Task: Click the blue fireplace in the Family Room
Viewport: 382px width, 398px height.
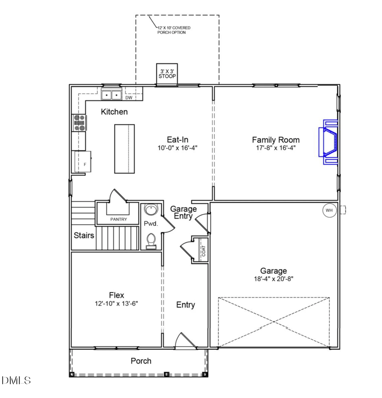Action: pyautogui.click(x=329, y=141)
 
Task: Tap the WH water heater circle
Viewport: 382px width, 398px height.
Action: pyautogui.click(x=329, y=210)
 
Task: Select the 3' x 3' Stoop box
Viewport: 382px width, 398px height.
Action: pyautogui.click(x=167, y=74)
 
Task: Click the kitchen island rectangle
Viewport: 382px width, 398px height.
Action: pyautogui.click(x=124, y=149)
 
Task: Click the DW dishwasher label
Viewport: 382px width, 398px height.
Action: pyautogui.click(x=129, y=98)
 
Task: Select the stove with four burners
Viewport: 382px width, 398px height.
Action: pyautogui.click(x=79, y=123)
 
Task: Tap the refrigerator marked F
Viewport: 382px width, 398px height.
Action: pyautogui.click(x=83, y=161)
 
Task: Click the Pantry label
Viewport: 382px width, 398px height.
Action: pyautogui.click(x=118, y=220)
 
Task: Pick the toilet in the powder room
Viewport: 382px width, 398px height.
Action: pyautogui.click(x=151, y=241)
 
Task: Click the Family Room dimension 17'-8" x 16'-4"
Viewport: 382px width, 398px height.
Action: pyautogui.click(x=275, y=148)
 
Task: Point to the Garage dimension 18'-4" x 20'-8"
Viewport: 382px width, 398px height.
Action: pyautogui.click(x=274, y=279)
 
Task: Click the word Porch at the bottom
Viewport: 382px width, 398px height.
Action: pyautogui.click(x=140, y=361)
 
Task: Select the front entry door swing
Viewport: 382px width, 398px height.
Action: pyautogui.click(x=185, y=341)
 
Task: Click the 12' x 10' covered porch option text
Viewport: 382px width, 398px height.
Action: pyautogui.click(x=174, y=30)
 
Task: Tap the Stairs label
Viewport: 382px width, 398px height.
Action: pyautogui.click(x=84, y=235)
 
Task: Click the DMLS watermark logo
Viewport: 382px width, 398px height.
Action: pyautogui.click(x=16, y=380)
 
